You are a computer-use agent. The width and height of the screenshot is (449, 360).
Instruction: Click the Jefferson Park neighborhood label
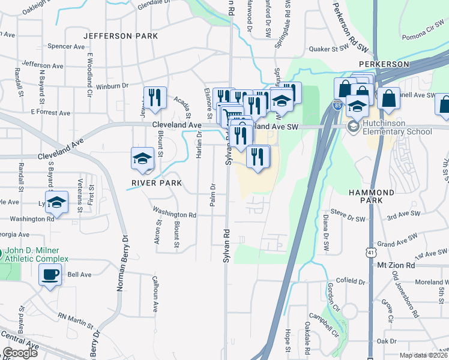coord(121,36)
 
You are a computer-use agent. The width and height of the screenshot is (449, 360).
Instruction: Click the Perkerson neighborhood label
coord(384,64)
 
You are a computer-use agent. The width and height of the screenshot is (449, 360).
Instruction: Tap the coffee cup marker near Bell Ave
coord(49,275)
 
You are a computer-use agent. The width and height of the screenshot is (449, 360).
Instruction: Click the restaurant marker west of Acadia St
coord(155,97)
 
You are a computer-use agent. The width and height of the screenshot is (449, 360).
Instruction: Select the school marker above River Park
coord(142,158)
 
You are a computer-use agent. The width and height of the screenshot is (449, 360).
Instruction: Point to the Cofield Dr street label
coord(351,281)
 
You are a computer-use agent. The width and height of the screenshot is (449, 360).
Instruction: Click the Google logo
coord(20,353)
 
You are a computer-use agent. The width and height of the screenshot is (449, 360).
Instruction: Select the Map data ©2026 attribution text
coord(423,355)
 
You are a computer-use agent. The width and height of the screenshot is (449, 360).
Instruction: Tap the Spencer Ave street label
coord(60,46)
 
